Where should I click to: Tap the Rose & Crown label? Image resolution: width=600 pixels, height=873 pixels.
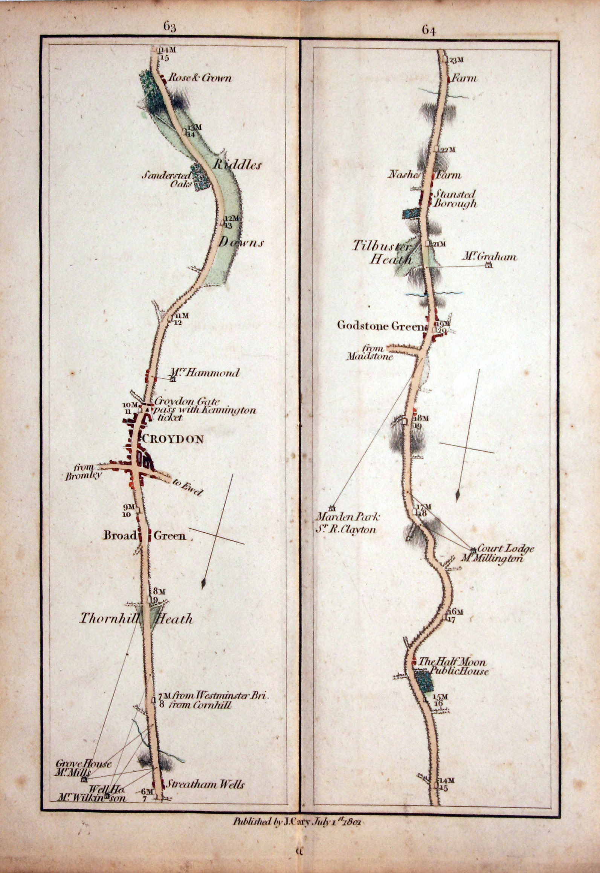(200, 78)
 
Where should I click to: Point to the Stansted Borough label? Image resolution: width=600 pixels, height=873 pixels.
(455, 199)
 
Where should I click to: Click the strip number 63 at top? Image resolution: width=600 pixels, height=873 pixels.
(169, 27)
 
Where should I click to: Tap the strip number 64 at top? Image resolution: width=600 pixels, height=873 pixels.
(429, 31)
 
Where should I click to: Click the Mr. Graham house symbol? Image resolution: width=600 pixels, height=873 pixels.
(489, 266)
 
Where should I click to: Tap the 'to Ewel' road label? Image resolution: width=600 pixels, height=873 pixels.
(188, 487)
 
